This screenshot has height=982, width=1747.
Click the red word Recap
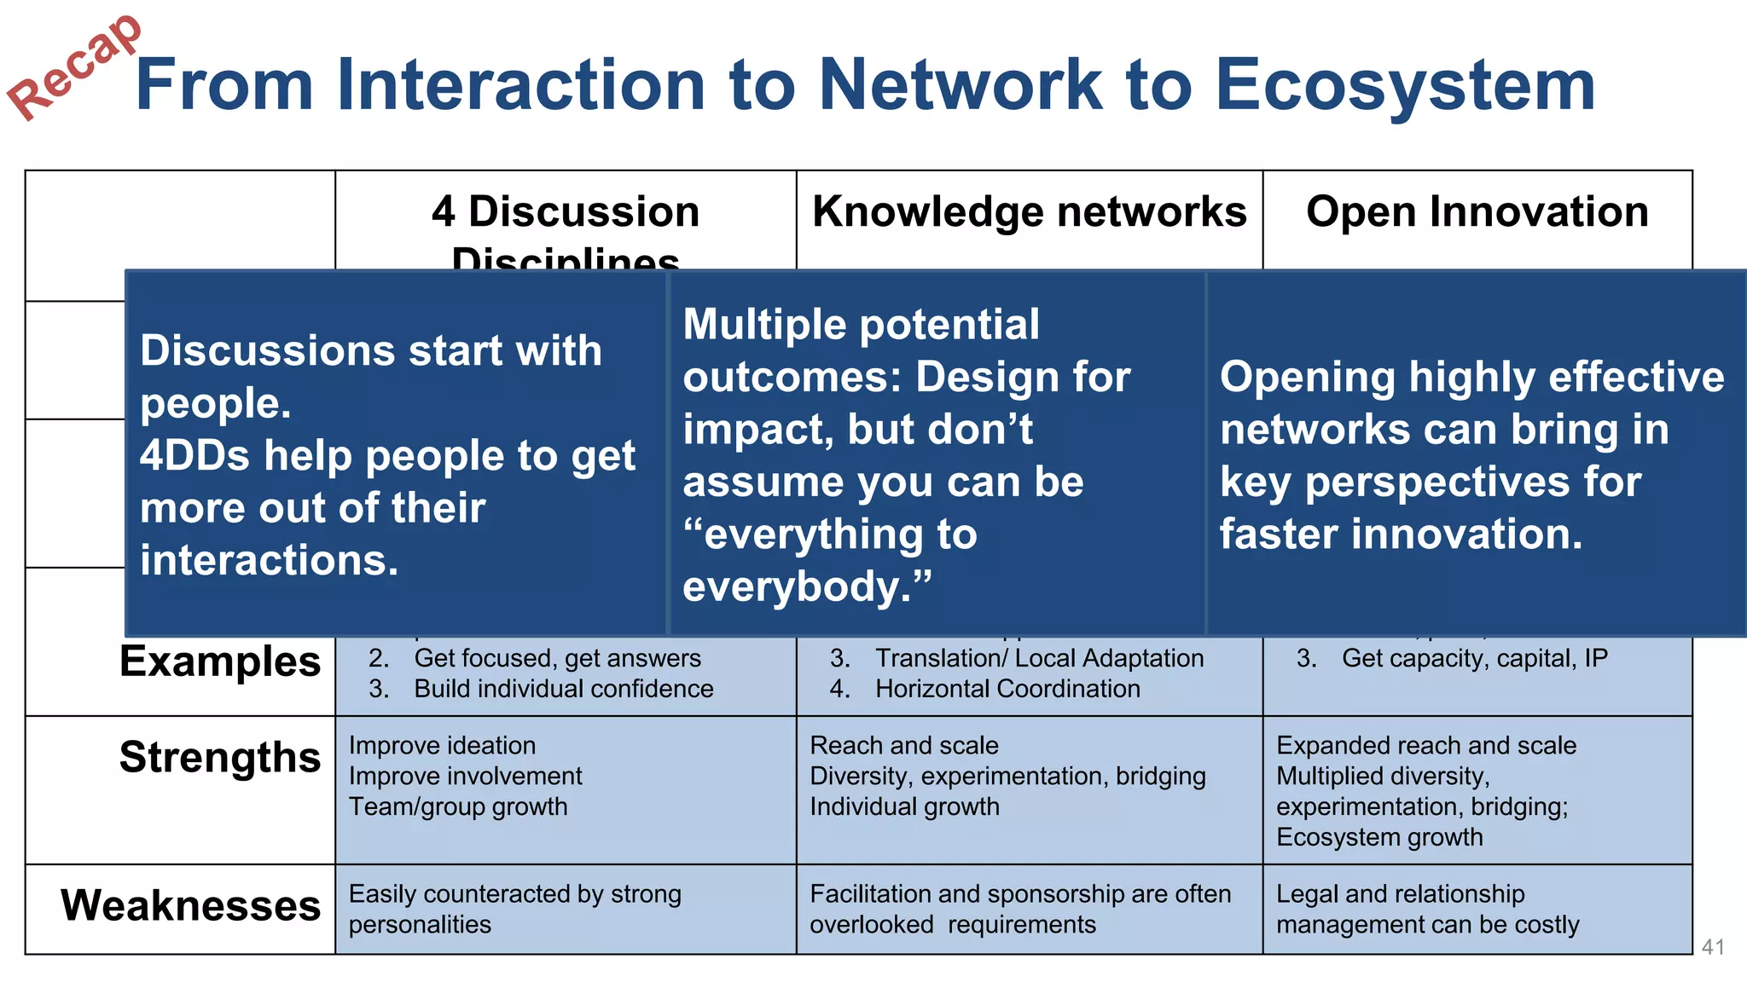pos(75,68)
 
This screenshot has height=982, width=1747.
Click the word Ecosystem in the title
pos(1404,85)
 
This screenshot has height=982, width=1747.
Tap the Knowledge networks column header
pos(1029,211)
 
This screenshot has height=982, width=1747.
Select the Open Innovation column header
pos(1477,211)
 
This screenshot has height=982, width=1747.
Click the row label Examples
pos(220,661)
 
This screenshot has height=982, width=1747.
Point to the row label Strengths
pos(220,757)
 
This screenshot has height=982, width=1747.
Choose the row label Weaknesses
pos(191,905)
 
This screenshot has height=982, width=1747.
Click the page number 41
pos(1713,947)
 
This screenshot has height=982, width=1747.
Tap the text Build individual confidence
pos(563,689)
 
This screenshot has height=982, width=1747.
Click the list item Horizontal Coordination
pos(1007,689)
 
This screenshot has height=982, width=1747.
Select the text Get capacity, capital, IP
pos(1474,658)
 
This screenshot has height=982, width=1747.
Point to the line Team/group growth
pos(458,806)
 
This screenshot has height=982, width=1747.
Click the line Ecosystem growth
pos(1379,837)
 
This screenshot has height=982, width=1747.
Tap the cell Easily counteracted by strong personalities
pos(514,909)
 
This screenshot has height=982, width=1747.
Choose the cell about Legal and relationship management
pos(1427,909)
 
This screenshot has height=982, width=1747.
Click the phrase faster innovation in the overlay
pos(1401,534)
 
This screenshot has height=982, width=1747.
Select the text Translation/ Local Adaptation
pos(1039,658)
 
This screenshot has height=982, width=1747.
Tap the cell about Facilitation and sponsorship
pos(1019,909)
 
